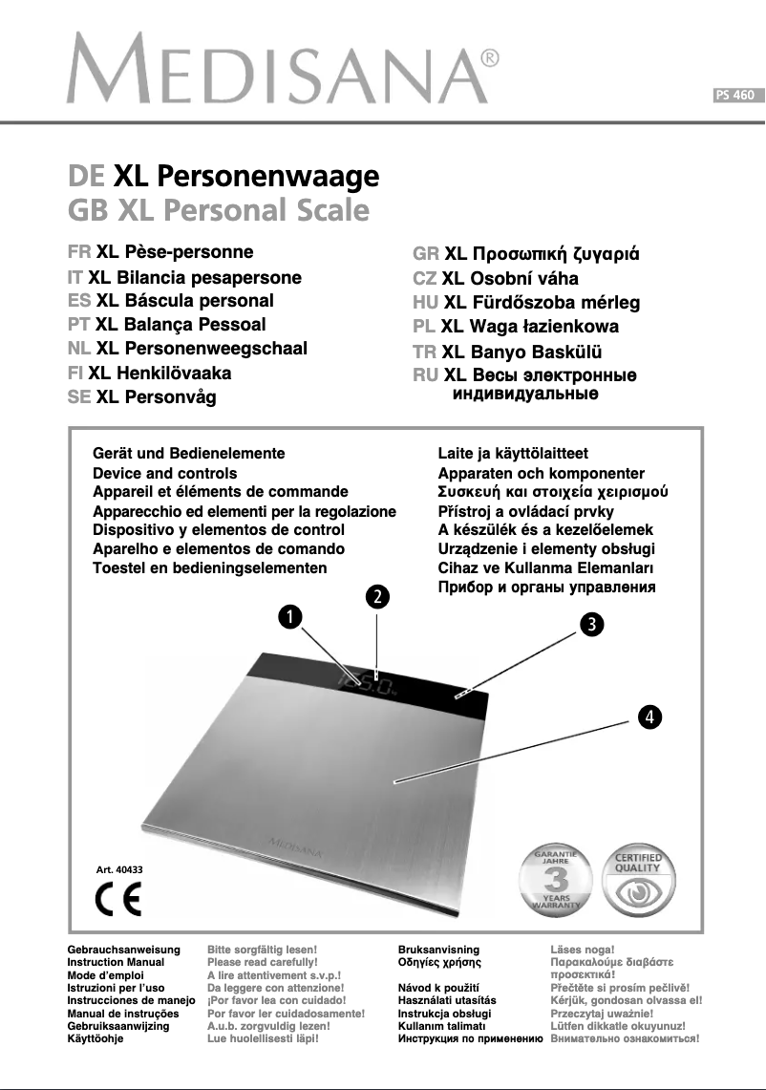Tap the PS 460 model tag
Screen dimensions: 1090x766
pos(735,95)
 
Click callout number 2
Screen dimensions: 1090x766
pos(377,596)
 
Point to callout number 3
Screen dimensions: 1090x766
pos(592,625)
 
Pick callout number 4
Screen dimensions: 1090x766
pos(649,716)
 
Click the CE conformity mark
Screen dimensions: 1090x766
pos(119,901)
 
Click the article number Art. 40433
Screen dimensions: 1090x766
pos(118,869)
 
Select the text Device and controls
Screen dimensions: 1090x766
pos(164,473)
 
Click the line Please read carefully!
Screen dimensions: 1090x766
pos(262,963)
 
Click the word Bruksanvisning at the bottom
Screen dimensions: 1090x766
pos(438,950)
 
